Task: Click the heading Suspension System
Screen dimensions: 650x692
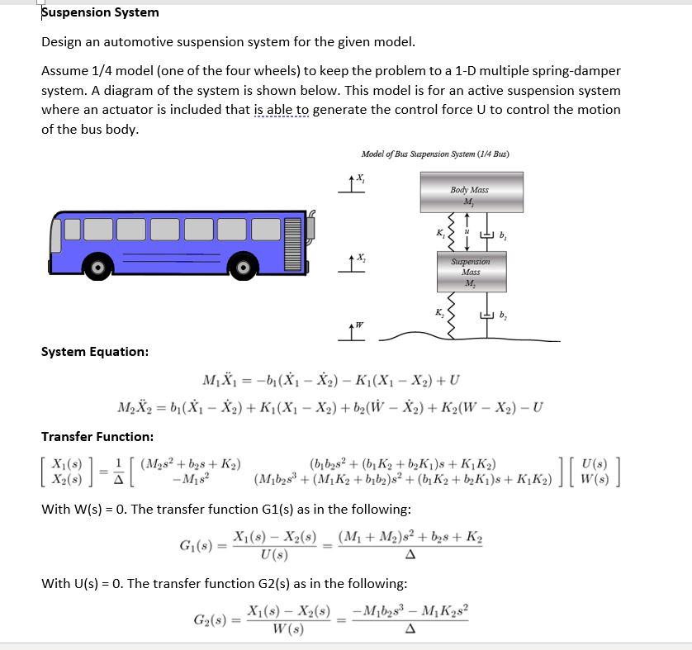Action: [x=100, y=12]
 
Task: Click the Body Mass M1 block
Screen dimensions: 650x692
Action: [x=470, y=195]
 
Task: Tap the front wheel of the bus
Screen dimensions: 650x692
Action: [x=244, y=268]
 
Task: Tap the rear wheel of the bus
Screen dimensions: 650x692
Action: [x=98, y=268]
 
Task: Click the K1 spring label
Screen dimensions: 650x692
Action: [x=439, y=234]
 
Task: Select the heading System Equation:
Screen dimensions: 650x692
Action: [x=95, y=352]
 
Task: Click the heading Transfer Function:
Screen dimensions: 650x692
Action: [x=97, y=436]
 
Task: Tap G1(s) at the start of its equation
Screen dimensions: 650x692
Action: [x=197, y=546]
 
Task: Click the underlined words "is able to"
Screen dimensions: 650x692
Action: [x=282, y=109]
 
